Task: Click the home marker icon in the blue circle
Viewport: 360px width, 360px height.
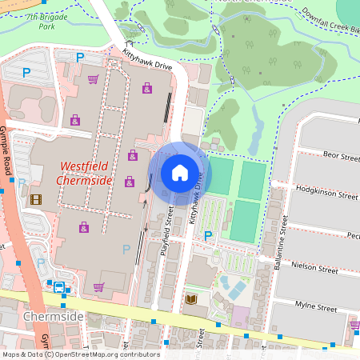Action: point(179,173)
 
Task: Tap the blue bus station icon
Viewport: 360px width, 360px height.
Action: point(59,287)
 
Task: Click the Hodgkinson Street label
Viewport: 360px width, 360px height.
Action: point(325,194)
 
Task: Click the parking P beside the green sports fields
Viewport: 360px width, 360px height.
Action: point(208,236)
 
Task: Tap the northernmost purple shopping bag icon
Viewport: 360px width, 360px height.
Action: point(147,88)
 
